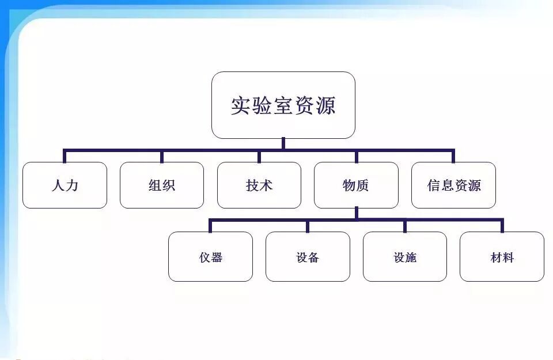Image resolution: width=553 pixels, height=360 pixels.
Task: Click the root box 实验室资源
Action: click(283, 105)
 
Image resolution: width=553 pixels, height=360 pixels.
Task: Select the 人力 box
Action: click(65, 185)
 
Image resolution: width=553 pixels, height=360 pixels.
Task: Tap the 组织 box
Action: click(162, 185)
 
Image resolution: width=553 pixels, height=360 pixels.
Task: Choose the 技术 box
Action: click(259, 185)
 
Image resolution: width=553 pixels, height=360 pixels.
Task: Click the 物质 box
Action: click(356, 185)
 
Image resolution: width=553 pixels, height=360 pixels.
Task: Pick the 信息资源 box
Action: click(453, 185)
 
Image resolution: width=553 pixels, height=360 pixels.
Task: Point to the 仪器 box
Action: click(210, 257)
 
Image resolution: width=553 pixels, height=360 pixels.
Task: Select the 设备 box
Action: click(308, 257)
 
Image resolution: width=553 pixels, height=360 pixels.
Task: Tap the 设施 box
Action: click(405, 257)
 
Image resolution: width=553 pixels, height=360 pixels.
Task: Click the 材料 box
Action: click(502, 257)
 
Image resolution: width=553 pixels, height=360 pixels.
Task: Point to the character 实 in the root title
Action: click(241, 105)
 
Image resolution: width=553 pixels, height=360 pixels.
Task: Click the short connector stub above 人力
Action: click(65, 157)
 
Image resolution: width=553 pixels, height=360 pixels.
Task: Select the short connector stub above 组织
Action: click(162, 157)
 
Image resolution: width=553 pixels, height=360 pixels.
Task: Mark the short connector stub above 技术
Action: click(259, 157)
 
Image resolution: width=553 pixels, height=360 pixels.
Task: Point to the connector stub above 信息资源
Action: click(453, 157)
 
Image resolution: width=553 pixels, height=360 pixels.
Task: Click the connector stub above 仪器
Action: click(210, 226)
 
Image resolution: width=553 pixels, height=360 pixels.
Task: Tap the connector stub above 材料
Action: click(502, 226)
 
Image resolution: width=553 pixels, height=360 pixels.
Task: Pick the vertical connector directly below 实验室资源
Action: click(283, 144)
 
